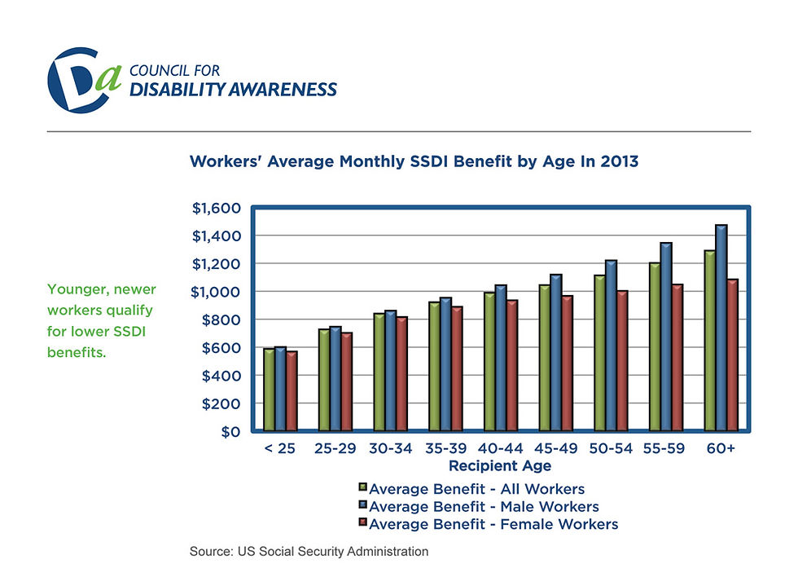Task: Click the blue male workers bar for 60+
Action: [721, 328]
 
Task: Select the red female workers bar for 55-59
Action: [677, 357]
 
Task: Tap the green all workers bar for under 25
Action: [270, 390]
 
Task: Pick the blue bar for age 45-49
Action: [555, 353]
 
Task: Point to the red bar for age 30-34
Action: [401, 374]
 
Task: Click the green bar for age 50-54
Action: [599, 353]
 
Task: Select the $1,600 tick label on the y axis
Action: [217, 209]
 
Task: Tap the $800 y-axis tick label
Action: [221, 320]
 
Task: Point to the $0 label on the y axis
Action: [230, 432]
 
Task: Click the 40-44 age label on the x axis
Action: [500, 448]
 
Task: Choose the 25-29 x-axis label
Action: [335, 448]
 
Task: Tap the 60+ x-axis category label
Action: [721, 448]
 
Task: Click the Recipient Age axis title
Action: [500, 465]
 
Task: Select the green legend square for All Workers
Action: [363, 487]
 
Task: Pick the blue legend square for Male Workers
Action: [363, 505]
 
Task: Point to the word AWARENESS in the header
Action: [283, 90]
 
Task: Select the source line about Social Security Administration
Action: [309, 551]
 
